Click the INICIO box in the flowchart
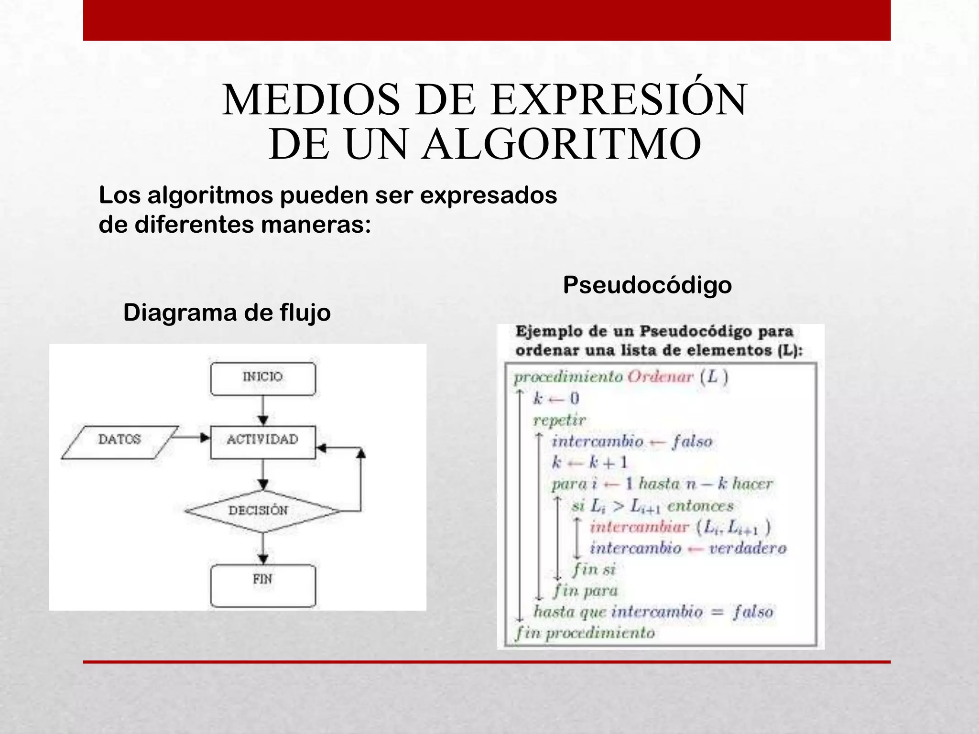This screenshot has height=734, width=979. pyautogui.click(x=263, y=378)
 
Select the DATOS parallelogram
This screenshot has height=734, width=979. pyautogui.click(x=120, y=442)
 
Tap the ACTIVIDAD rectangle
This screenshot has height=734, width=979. pyautogui.click(x=263, y=442)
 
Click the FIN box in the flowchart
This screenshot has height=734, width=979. pyautogui.click(x=263, y=585)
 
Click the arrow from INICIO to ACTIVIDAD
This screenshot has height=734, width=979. pyautogui.click(x=263, y=411)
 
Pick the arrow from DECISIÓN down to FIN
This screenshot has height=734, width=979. pyautogui.click(x=263, y=549)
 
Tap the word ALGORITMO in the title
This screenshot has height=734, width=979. pyautogui.click(x=561, y=144)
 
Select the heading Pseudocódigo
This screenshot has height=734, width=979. pyautogui.click(x=647, y=285)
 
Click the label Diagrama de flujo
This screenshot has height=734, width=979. pyautogui.click(x=227, y=313)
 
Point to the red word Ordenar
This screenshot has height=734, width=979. pyautogui.click(x=660, y=377)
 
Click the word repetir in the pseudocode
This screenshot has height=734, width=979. pyautogui.click(x=559, y=420)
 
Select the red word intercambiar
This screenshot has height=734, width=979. pyautogui.click(x=639, y=527)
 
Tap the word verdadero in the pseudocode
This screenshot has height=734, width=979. pyautogui.click(x=747, y=548)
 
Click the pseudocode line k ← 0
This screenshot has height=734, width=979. pyautogui.click(x=556, y=399)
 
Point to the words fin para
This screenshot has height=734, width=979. pyautogui.click(x=586, y=591)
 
